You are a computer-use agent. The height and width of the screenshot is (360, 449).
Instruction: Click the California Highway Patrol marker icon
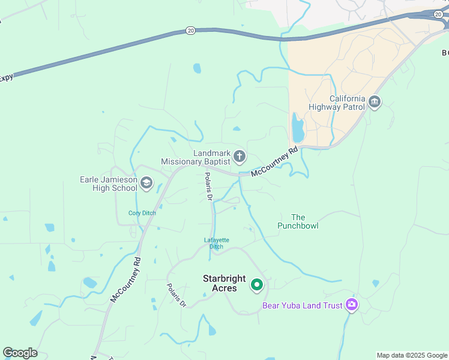coord(375,103)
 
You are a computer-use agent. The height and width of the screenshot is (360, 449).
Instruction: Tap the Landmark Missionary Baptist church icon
coord(239,157)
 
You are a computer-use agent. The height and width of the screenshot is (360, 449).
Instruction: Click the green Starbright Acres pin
coord(257,284)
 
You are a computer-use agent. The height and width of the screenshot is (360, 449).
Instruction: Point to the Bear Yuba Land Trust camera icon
coord(352,305)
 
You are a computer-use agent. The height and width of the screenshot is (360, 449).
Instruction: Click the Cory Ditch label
coord(142,213)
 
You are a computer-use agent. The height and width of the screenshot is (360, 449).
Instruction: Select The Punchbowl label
coord(298,221)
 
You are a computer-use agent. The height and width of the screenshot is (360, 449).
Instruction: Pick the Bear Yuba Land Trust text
coord(302,305)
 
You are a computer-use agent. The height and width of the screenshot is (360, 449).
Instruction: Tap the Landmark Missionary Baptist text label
coord(196,157)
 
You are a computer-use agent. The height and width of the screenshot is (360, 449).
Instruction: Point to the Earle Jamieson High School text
coord(109,184)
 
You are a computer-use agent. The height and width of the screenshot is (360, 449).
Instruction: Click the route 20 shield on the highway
coord(190,30)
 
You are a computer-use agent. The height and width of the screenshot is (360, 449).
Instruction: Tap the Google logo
coord(20,353)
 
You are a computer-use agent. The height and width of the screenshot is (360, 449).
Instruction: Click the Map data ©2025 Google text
coord(411,355)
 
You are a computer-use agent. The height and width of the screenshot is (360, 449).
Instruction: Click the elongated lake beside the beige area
coord(298,128)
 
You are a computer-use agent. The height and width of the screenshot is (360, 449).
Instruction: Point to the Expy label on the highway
coord(6,77)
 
